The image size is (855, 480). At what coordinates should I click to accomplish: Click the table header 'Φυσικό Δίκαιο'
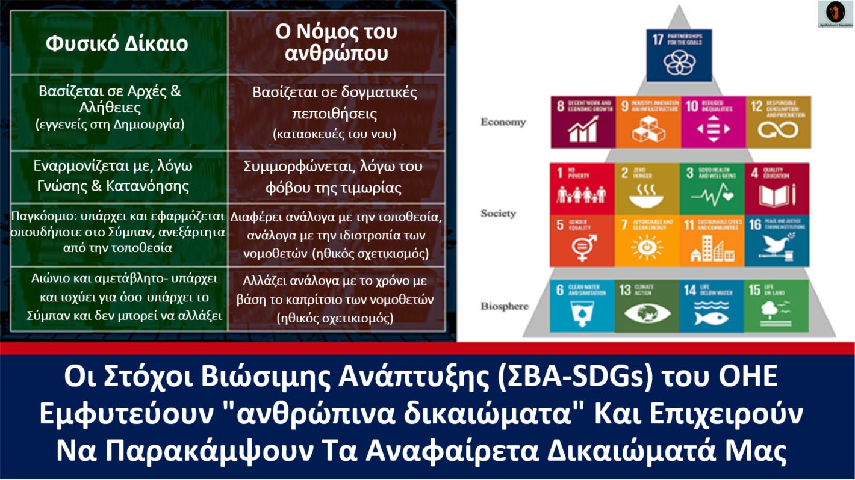click(117, 44)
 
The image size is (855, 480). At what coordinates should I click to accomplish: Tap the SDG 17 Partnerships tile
click(679, 55)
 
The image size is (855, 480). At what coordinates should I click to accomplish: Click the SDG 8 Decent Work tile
click(582, 122)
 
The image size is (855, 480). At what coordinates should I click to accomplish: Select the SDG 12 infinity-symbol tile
click(778, 122)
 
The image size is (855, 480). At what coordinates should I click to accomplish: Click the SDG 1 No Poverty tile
click(582, 188)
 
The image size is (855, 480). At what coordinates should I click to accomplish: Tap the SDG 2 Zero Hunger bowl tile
click(647, 188)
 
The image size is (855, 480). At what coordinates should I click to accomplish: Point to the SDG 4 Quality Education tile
click(777, 188)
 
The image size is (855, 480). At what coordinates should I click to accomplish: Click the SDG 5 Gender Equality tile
click(582, 241)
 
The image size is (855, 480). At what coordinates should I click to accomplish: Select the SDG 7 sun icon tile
click(647, 241)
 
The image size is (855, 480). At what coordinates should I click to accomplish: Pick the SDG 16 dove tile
click(777, 241)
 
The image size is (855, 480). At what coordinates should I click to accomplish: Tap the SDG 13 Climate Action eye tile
click(646, 306)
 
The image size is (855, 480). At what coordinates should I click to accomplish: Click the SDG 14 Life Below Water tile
click(711, 306)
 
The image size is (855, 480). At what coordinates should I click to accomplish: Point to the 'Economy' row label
click(503, 122)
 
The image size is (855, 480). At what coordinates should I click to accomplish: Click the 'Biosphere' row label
click(504, 306)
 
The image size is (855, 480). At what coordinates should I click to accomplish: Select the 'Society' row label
click(498, 214)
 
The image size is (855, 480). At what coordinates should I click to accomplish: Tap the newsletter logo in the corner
click(835, 14)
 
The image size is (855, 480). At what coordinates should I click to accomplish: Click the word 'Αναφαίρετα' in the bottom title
click(510, 452)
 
